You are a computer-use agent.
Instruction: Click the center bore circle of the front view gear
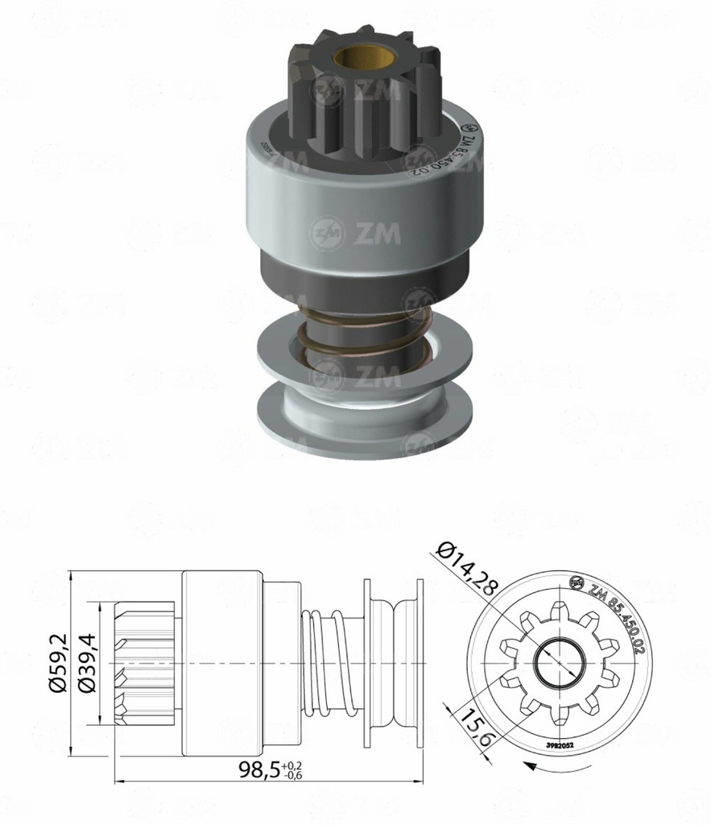558,662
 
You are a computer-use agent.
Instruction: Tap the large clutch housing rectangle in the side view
222,662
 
